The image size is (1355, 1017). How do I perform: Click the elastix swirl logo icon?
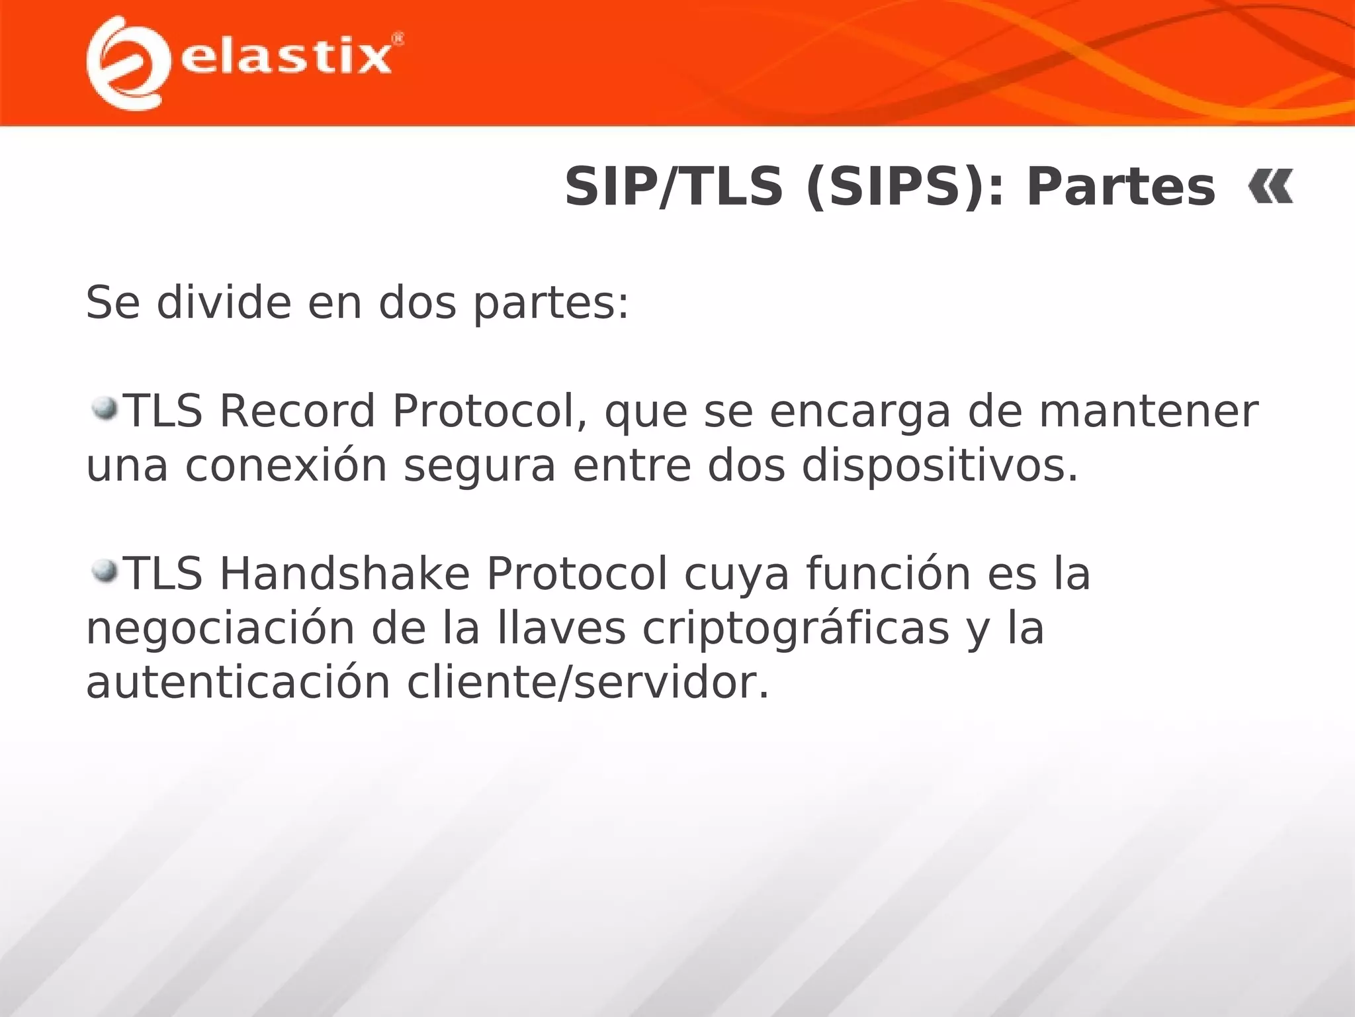coord(124,63)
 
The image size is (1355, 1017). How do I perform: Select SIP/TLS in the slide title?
coord(674,187)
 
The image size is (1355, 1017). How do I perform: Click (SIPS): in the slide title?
coord(904,187)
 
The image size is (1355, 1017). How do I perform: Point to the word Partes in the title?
coord(1121,187)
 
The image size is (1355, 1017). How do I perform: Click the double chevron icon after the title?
coord(1270,187)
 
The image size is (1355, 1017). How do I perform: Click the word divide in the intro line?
coord(224,303)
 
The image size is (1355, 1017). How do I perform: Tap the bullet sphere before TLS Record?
coord(104,409)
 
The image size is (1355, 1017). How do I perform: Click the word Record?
coord(297,411)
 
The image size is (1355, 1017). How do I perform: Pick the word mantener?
coord(1148,411)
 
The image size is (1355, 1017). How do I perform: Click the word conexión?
coord(286,465)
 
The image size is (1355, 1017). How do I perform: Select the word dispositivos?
coord(940,465)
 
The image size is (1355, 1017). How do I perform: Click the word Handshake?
coord(344,573)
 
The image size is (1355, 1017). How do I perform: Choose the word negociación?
coord(220,629)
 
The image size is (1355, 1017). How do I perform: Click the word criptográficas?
coord(796,629)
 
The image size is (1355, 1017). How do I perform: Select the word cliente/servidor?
coord(588,683)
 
